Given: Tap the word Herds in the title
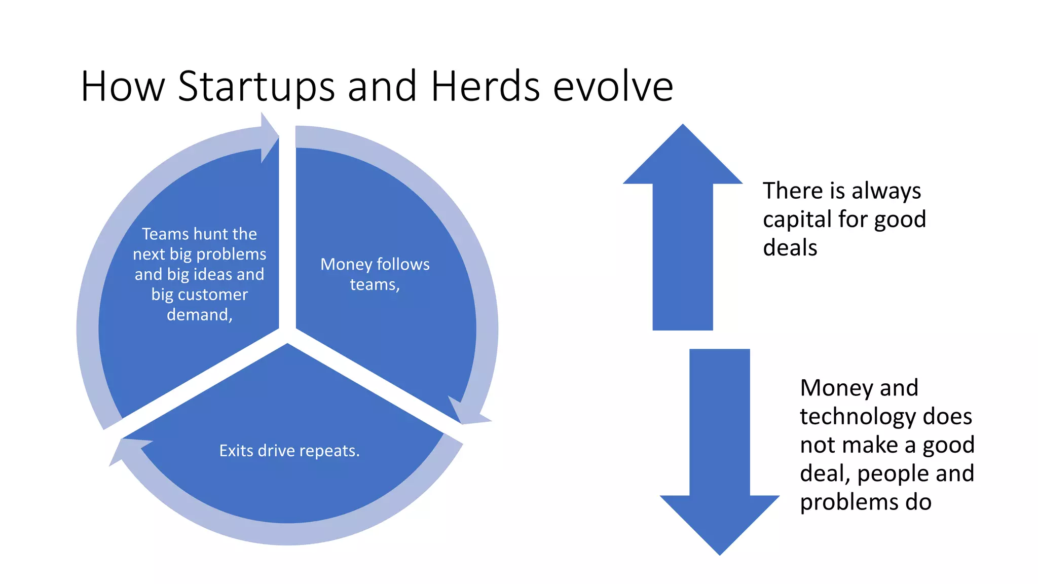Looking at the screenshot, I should click(486, 86).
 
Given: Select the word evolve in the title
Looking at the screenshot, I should click(613, 86).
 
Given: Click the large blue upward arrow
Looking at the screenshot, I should click(683, 228).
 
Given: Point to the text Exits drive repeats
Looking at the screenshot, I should click(289, 451).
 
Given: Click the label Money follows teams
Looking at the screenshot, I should click(375, 274).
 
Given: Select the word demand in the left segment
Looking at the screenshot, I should click(198, 315).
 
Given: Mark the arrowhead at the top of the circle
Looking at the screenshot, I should click(269, 137).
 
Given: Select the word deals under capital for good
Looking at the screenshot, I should click(790, 248).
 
